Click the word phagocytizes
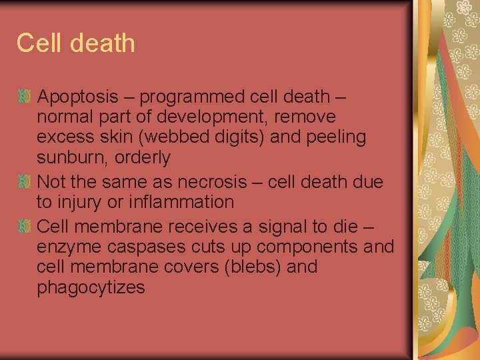91,287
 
